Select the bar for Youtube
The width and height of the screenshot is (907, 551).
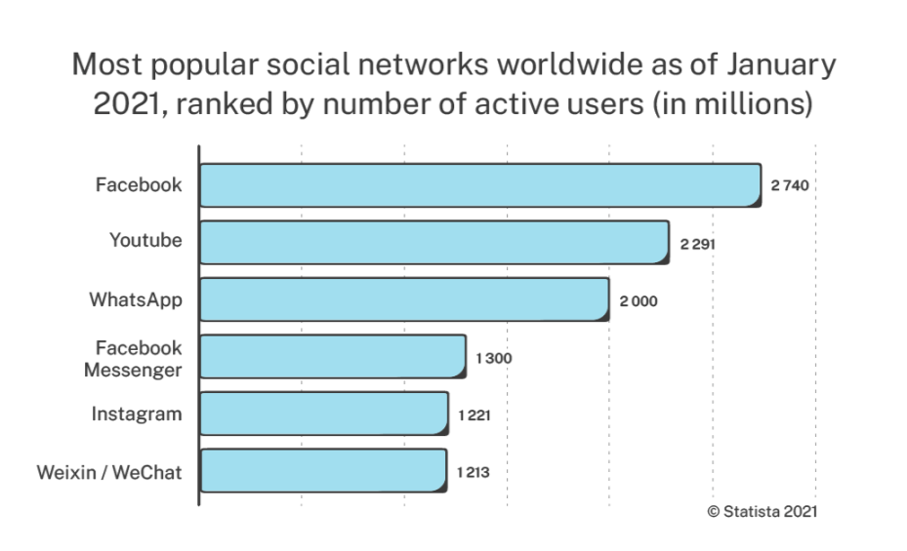[434, 242]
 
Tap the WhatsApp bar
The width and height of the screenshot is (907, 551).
[404, 299]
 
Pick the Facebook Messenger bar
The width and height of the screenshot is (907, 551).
[332, 357]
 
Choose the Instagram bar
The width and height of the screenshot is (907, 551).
[324, 414]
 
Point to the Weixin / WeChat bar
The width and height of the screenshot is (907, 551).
[323, 472]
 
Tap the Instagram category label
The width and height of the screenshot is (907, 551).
[137, 414]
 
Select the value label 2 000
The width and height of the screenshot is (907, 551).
[639, 300]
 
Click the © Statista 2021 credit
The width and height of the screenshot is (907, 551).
[762, 510]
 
